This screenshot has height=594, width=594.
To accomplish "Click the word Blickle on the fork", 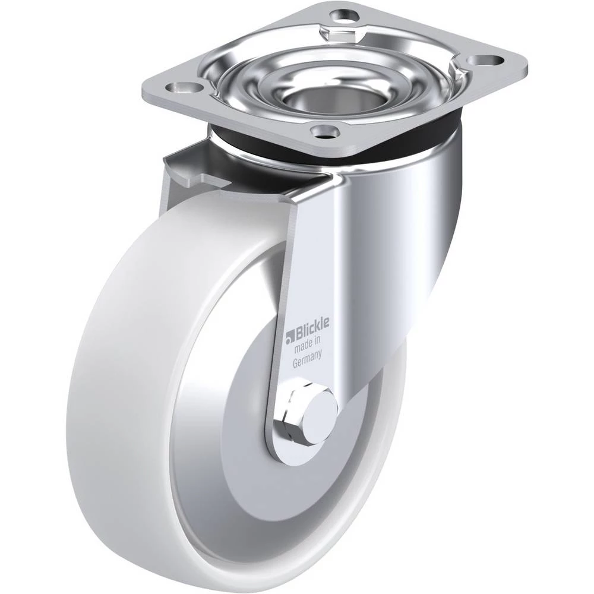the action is tap(311, 326).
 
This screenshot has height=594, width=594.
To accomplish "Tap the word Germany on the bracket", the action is tap(308, 358).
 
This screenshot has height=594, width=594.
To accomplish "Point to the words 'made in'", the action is tap(308, 343).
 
